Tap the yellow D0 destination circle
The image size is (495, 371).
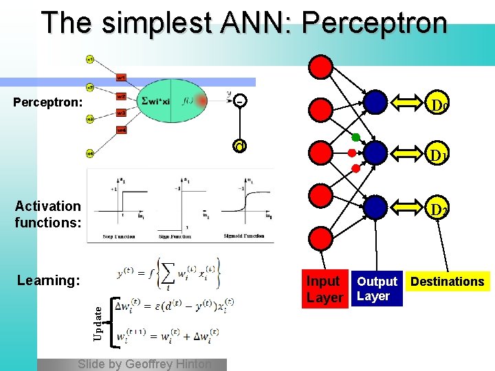[438, 104]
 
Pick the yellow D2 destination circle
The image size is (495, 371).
[438, 208]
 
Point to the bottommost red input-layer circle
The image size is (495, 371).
[322, 238]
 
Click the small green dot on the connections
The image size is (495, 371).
[355, 137]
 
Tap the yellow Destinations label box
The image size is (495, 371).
[447, 281]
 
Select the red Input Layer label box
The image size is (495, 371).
[324, 289]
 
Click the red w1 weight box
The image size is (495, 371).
[121, 77]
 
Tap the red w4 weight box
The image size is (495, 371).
[121, 130]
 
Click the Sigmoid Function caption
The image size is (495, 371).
[244, 236]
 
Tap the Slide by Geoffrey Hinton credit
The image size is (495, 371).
[144, 364]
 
